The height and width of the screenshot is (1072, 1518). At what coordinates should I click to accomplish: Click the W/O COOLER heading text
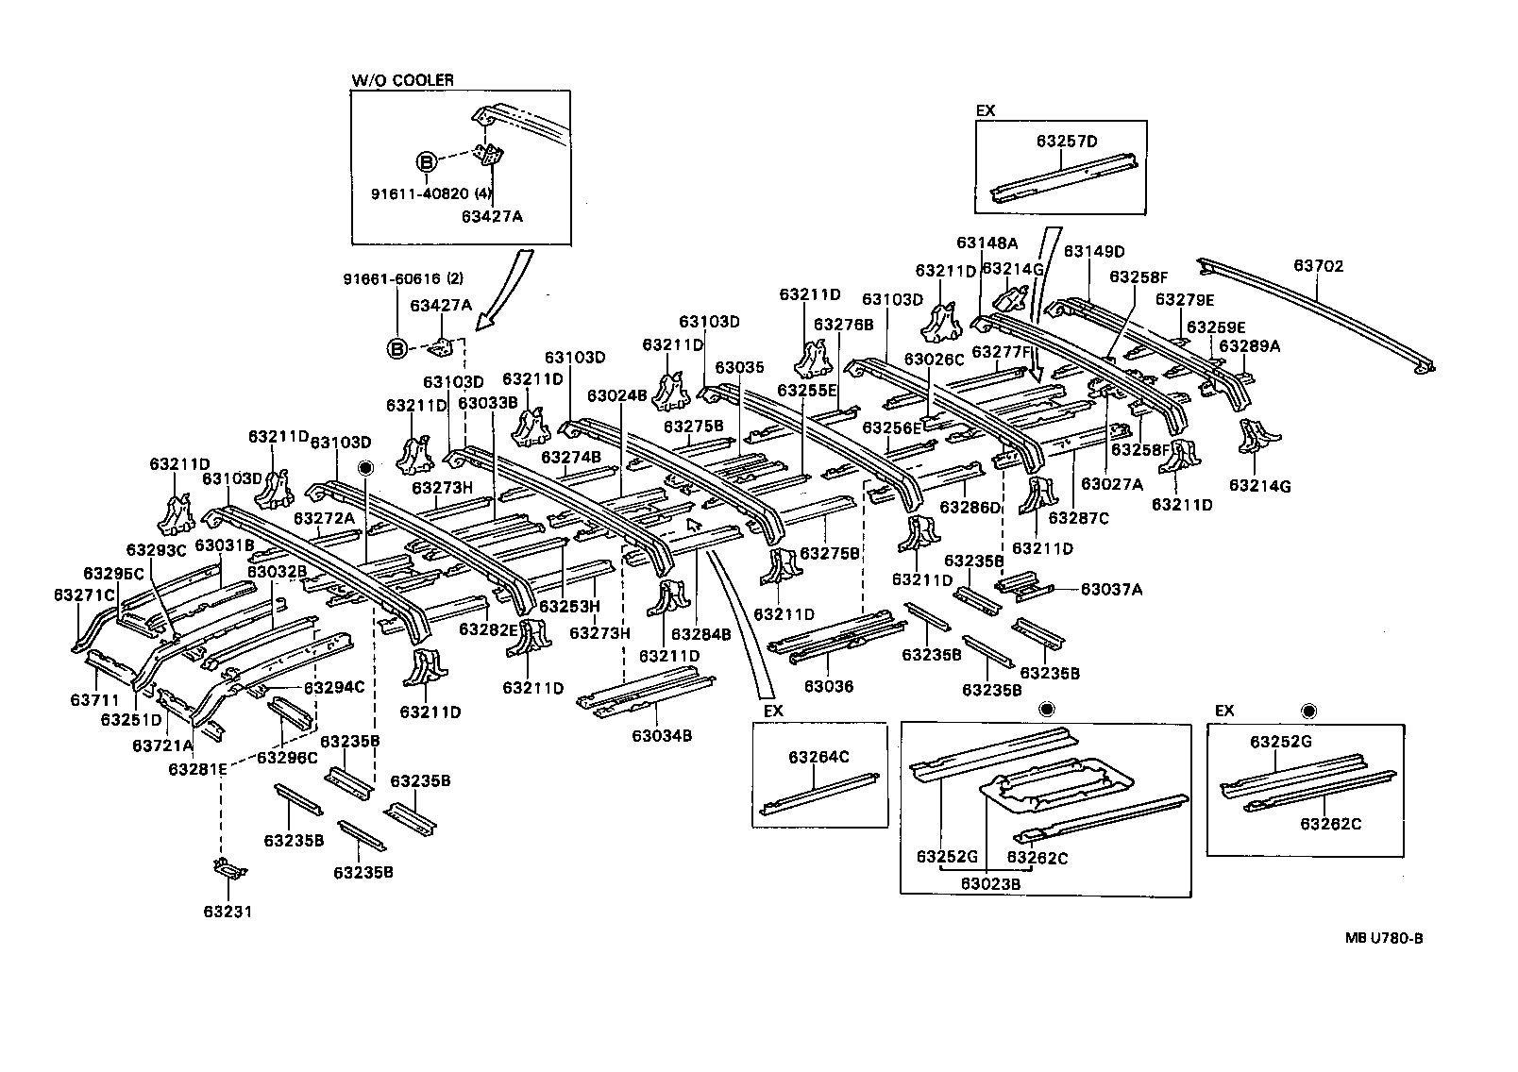402,80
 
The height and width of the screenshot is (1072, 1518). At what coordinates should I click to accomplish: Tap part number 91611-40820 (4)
431,194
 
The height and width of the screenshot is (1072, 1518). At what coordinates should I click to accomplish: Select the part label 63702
1317,266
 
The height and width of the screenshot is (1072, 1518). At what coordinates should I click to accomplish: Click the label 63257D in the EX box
1067,142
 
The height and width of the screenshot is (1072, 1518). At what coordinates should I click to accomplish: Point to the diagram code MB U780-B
1384,938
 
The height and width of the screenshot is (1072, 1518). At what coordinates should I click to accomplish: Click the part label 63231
228,912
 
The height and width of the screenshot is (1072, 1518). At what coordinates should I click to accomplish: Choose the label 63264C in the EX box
819,756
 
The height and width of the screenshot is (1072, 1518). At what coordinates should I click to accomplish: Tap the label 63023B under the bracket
991,883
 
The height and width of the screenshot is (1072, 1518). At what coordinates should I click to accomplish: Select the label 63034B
662,735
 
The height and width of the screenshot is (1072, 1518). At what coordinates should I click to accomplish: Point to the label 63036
829,686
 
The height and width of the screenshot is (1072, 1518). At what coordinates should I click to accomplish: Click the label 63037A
1111,590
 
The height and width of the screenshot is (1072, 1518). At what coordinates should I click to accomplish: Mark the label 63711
94,700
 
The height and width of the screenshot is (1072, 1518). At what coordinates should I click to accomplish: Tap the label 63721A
162,745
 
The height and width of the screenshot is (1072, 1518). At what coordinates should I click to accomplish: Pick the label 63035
738,367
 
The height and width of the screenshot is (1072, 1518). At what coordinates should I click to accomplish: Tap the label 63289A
1249,346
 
